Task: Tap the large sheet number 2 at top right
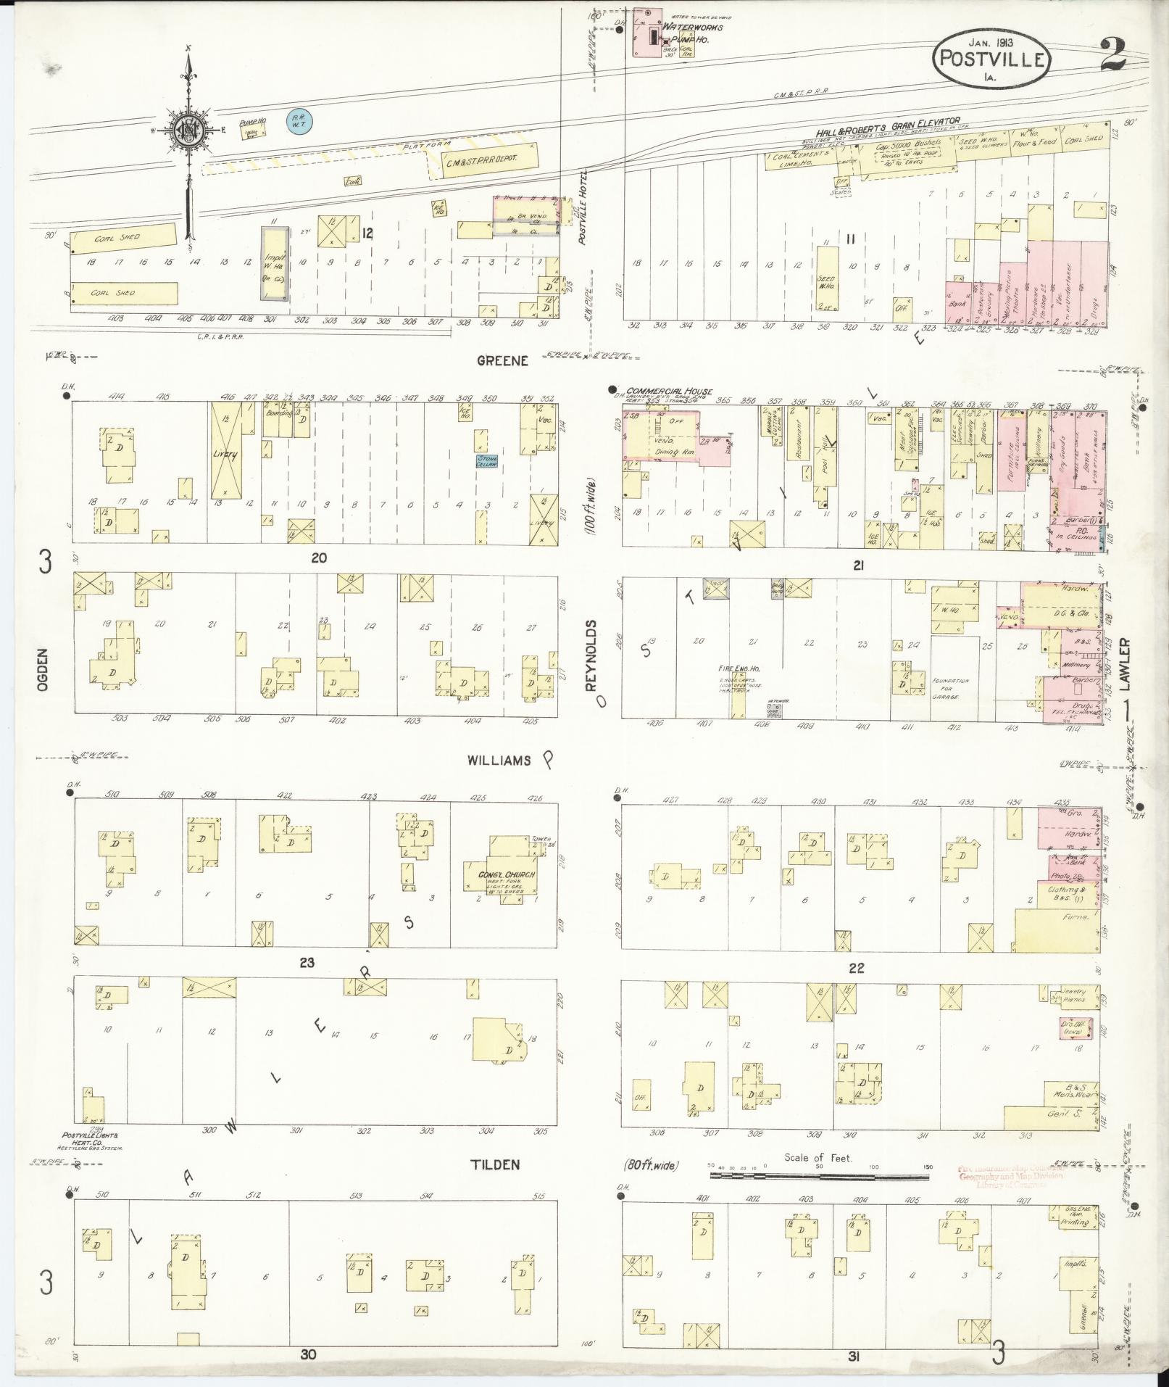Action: pos(1111,54)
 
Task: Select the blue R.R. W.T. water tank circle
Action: pos(297,120)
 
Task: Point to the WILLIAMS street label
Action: pos(499,761)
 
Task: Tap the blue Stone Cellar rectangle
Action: pos(486,460)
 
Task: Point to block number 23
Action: pos(307,963)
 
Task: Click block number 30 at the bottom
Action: pos(309,1353)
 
